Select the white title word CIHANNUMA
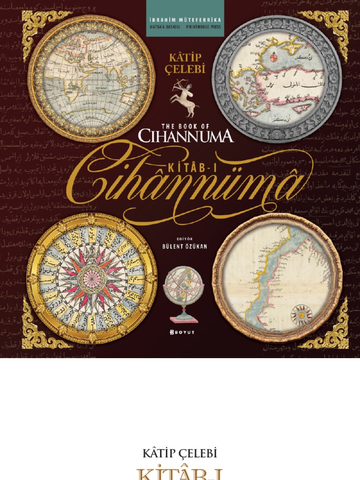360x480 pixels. click(186, 136)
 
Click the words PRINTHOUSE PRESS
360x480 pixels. click(203, 27)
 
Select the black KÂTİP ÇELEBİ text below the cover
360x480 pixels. click(180, 454)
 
